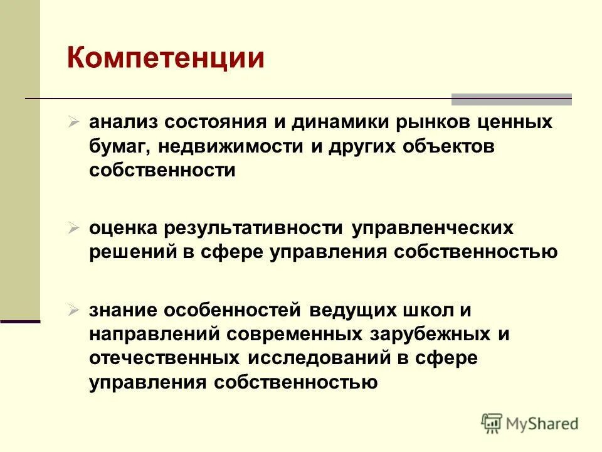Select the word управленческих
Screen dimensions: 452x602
433,228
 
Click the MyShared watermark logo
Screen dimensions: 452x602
530,424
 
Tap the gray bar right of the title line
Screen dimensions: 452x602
511,99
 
